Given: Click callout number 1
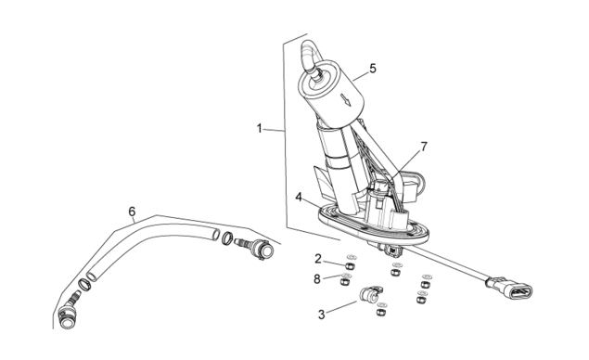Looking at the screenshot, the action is pos(259,129).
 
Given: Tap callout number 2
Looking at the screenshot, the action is pos(318,259).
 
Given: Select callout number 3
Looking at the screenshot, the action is pos(321,315).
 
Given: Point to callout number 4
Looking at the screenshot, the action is pos(299,197).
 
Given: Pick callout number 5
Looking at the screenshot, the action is pos(373,69).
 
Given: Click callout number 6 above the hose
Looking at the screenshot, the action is pos(132,212).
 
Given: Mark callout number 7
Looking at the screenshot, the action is pos(424,147).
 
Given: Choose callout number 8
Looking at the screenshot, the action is pos(317,279).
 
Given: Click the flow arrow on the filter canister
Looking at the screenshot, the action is pos(346,100).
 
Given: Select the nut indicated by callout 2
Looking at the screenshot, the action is pos(350,266).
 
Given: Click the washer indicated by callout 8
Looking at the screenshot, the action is pos(346,276).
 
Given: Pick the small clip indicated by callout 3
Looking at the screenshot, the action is pos(370,294).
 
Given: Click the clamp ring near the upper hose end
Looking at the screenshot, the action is pos(227,238).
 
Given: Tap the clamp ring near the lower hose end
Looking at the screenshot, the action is pos(84,285).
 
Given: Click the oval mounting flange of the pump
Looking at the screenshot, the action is pos(373,224).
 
